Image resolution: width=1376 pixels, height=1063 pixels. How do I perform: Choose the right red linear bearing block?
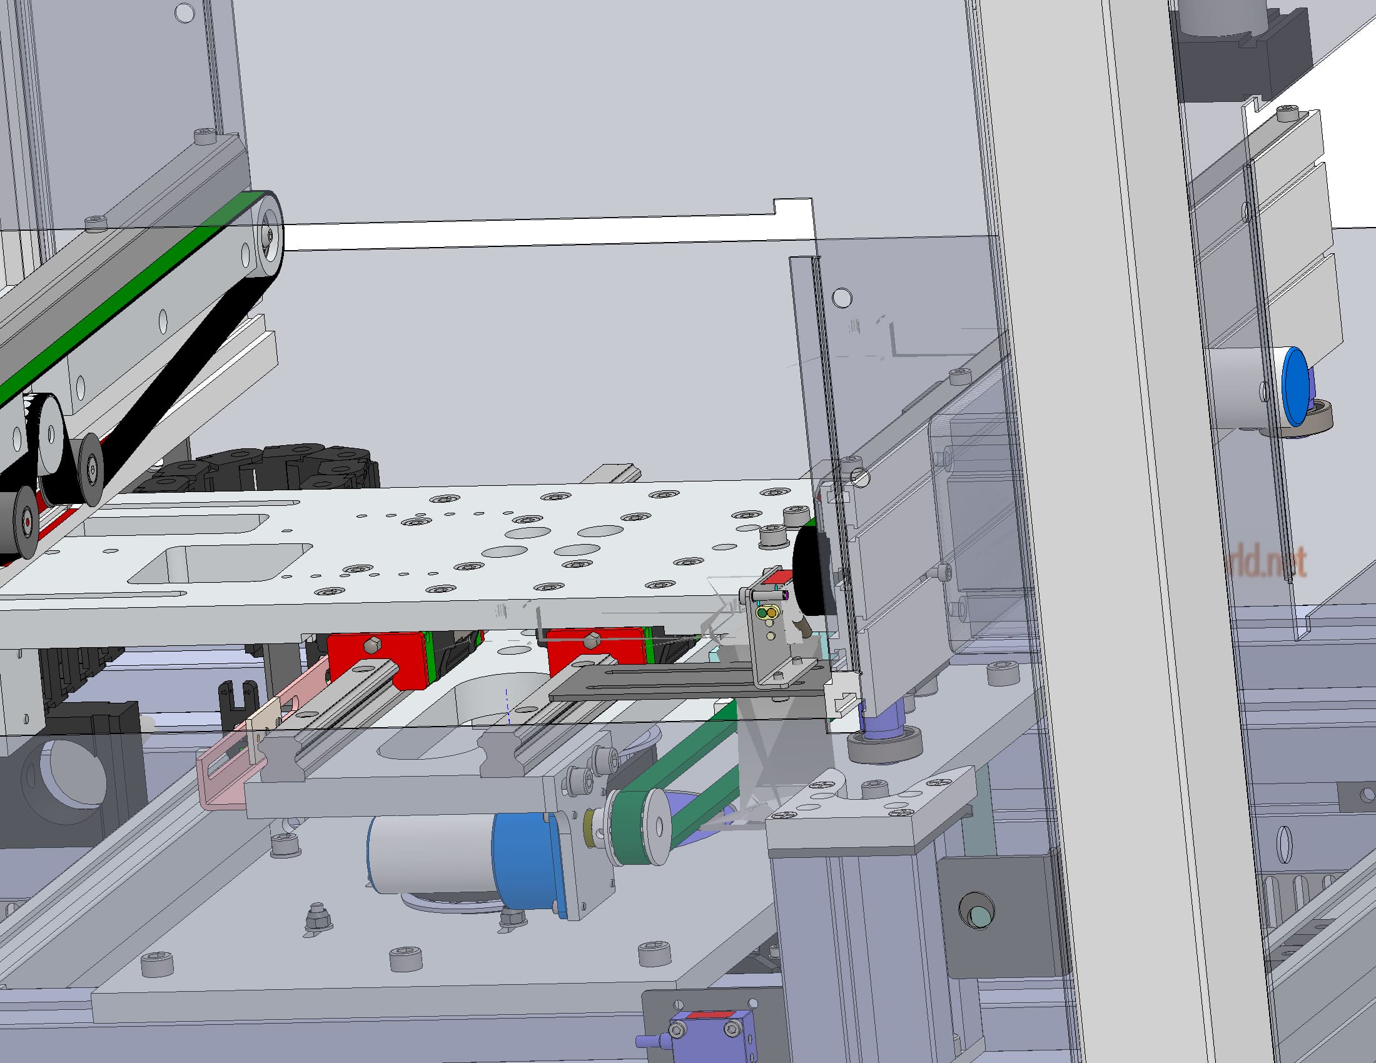point(595,648)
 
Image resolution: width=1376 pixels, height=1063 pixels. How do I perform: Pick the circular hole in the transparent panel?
point(842,297)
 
